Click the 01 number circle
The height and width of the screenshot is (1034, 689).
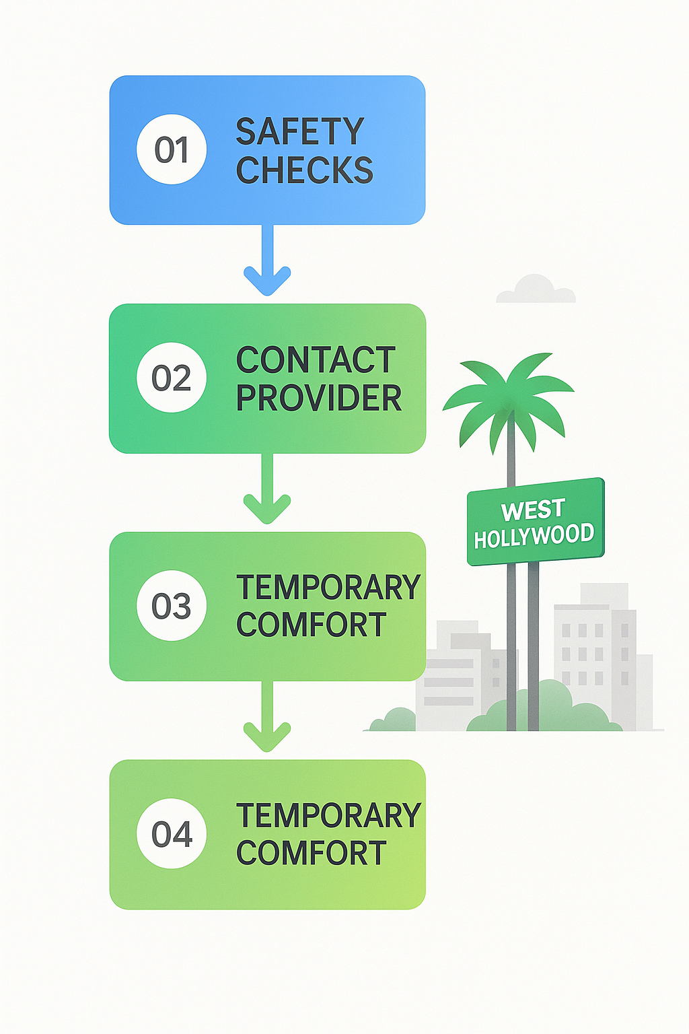pyautogui.click(x=172, y=149)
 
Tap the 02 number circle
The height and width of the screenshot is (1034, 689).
pyautogui.click(x=172, y=378)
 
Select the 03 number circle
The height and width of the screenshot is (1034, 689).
pyautogui.click(x=172, y=606)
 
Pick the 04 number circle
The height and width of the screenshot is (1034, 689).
pyautogui.click(x=172, y=834)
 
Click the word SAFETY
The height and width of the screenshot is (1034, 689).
pyautogui.click(x=299, y=131)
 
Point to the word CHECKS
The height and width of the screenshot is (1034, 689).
pyautogui.click(x=304, y=170)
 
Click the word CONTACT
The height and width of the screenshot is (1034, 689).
pyautogui.click(x=316, y=360)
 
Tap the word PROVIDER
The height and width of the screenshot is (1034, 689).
pyautogui.click(x=319, y=399)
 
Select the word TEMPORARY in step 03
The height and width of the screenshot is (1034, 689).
pyautogui.click(x=328, y=588)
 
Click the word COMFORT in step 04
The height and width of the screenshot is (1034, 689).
pyautogui.click(x=312, y=854)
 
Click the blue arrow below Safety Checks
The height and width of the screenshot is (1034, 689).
pyautogui.click(x=267, y=263)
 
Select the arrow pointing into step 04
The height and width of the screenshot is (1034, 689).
pyautogui.click(x=267, y=719)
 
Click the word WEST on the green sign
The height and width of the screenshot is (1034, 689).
pyautogui.click(x=533, y=511)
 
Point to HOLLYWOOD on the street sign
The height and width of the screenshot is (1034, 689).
pyautogui.click(x=534, y=536)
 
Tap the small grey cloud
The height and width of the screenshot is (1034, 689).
pyautogui.click(x=536, y=289)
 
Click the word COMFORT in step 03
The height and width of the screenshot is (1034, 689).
pyautogui.click(x=312, y=625)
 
